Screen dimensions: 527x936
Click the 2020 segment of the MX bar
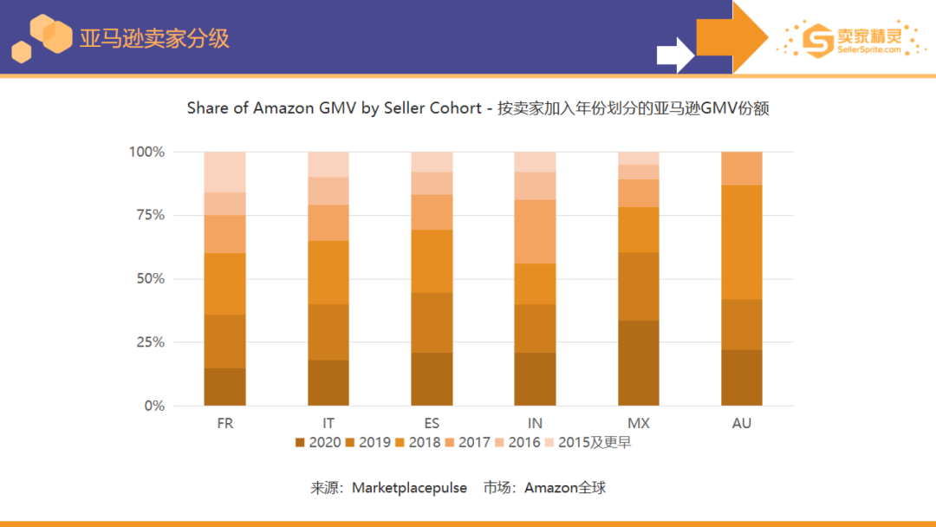point(638,362)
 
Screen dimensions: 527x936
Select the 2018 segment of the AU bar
point(741,242)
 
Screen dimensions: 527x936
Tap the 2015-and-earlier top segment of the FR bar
point(224,172)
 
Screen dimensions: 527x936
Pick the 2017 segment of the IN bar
point(535,231)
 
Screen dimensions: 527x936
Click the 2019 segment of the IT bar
point(328,332)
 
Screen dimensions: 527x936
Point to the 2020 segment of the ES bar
point(432,379)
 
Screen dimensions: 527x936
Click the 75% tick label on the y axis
point(147,215)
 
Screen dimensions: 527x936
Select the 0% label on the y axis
point(153,406)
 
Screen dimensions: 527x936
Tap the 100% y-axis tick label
point(146,152)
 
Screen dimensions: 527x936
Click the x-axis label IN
point(535,424)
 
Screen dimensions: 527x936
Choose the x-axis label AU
point(741,424)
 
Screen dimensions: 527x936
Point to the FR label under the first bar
point(224,424)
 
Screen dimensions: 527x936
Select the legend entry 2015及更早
point(595,443)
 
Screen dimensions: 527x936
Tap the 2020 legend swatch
point(300,443)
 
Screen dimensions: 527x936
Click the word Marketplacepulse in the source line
point(409,488)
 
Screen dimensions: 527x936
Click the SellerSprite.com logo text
point(869,50)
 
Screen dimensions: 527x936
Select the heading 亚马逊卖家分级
point(154,39)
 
